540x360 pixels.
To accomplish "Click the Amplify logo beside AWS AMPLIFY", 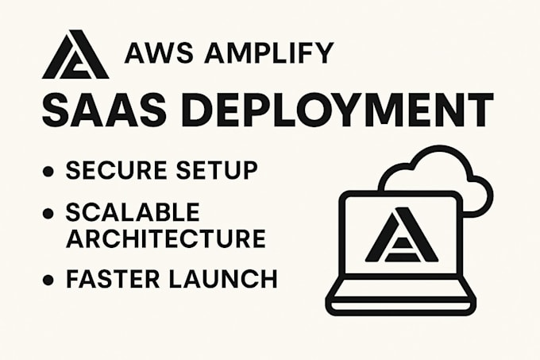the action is (x=75, y=54).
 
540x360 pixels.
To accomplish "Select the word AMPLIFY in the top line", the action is (x=269, y=53).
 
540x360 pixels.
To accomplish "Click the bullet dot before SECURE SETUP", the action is (x=48, y=171).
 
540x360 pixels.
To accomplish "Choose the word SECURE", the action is (x=118, y=170).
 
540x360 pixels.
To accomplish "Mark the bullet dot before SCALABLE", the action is (x=48, y=213).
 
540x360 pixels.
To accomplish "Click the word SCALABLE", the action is (x=133, y=211).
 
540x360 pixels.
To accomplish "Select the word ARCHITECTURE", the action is (x=166, y=238).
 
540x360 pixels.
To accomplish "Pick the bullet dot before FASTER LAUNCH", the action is (x=48, y=280).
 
